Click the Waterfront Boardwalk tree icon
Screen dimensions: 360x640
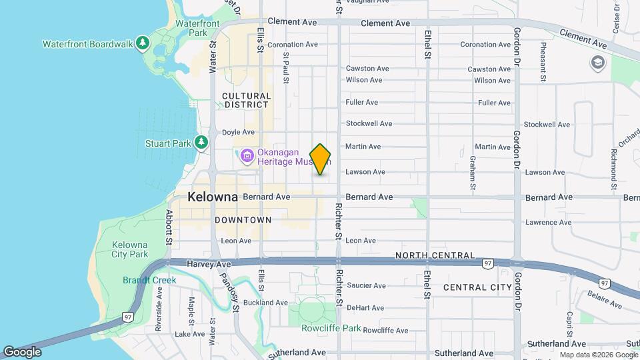tap(142, 44)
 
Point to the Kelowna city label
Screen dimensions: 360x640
tap(213, 197)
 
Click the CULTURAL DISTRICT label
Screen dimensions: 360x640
tap(247, 100)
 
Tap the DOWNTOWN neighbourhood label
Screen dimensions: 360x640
tap(243, 219)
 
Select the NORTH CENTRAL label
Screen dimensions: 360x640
tap(435, 255)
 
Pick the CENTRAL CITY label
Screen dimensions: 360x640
tap(477, 287)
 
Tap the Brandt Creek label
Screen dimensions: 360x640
tap(149, 280)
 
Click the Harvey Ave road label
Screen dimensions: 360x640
tap(189, 265)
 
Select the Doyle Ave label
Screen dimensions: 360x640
tap(238, 132)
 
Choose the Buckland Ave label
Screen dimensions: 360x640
tap(265, 302)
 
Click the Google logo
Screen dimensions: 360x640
tap(22, 351)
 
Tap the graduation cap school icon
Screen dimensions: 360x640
tap(597, 63)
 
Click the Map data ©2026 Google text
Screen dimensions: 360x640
tap(598, 355)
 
